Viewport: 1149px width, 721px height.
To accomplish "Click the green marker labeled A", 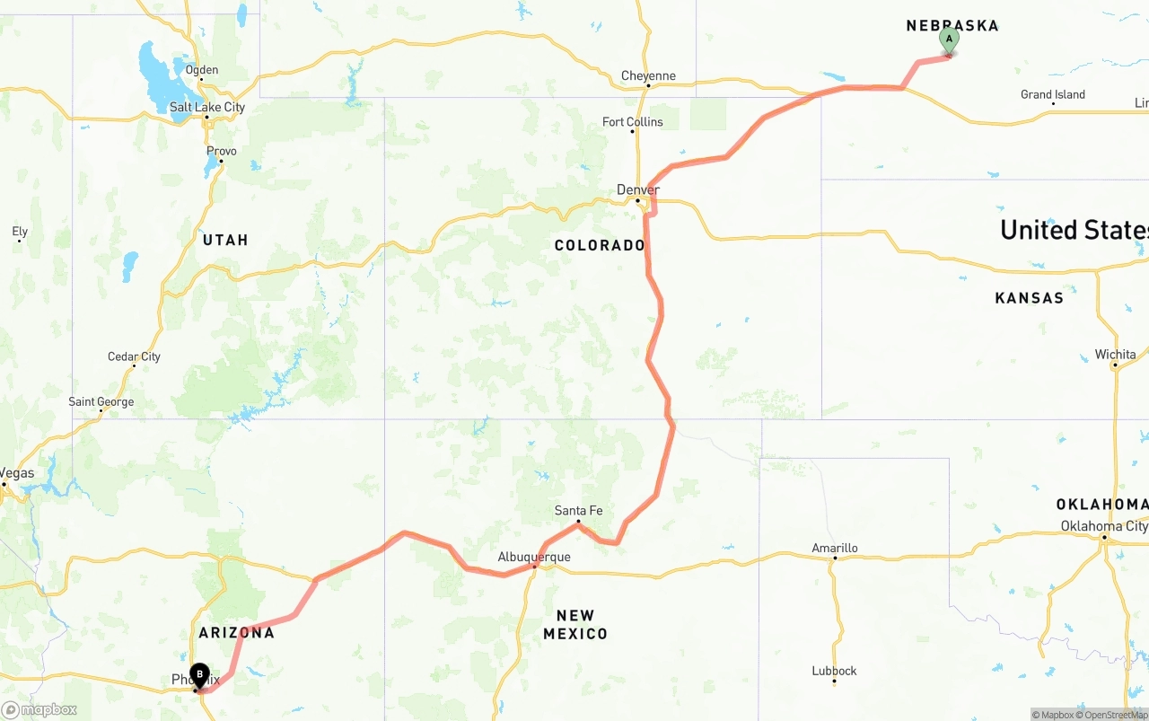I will coord(949,40).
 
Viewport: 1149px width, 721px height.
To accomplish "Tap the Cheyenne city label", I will coord(648,76).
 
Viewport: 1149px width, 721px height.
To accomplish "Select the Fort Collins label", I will coord(632,122).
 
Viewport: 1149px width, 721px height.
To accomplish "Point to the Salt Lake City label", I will coord(206,108).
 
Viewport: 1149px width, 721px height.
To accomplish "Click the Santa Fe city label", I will coord(578,511).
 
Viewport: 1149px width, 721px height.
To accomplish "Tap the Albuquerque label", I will coord(534,558).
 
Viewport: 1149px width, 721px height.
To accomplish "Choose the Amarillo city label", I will coord(835,548).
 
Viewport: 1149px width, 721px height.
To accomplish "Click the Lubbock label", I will coord(834,671).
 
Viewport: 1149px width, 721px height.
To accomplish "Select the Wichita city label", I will coord(1115,355).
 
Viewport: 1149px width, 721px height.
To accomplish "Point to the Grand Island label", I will coord(1052,94).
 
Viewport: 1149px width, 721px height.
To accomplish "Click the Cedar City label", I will coord(134,356).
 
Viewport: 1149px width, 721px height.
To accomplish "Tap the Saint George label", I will coord(101,401).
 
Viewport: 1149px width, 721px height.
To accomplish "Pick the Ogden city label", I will coord(201,70).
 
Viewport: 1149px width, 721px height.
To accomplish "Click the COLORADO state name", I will coord(600,245).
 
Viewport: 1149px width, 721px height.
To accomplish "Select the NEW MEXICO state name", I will coord(575,624).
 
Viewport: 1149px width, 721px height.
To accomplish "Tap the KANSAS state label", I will coord(1029,297).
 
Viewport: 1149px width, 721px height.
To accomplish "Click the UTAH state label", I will coord(225,240).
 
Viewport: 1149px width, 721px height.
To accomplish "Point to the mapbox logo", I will coord(39,709).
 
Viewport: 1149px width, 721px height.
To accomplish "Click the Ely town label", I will coord(20,232).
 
